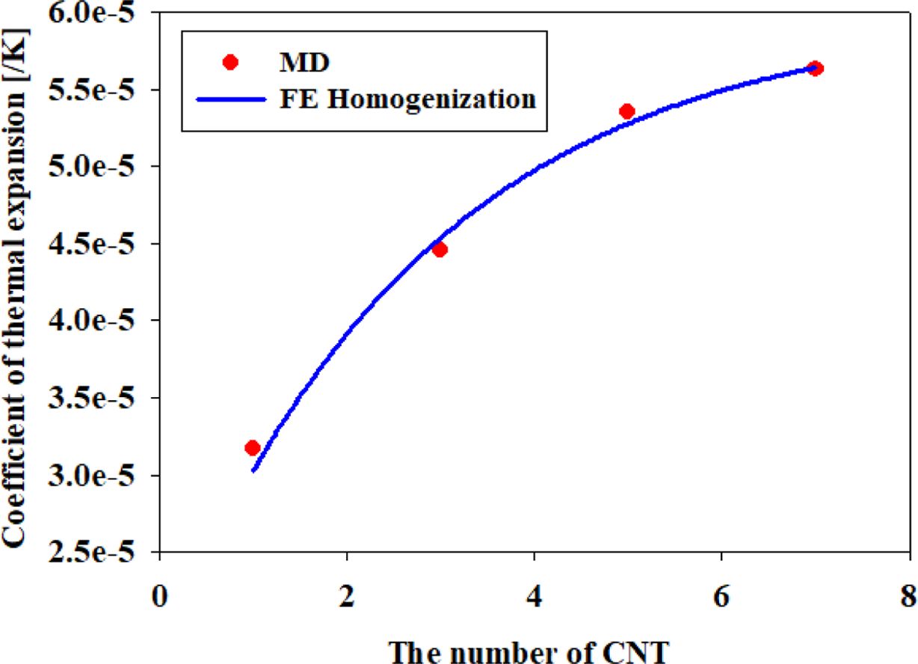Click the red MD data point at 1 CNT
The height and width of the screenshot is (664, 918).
click(253, 448)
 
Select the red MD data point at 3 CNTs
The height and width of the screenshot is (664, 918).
click(440, 250)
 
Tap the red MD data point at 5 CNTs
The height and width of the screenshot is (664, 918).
click(627, 111)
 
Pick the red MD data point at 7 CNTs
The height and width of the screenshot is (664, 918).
click(816, 69)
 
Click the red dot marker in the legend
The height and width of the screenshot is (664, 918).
click(230, 62)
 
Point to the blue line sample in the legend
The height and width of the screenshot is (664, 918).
click(230, 98)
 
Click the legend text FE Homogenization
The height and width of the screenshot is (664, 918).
click(403, 98)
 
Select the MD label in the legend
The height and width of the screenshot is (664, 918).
click(300, 62)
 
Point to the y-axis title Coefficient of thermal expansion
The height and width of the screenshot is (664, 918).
click(16, 284)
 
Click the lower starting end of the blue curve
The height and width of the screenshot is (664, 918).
click(254, 470)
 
